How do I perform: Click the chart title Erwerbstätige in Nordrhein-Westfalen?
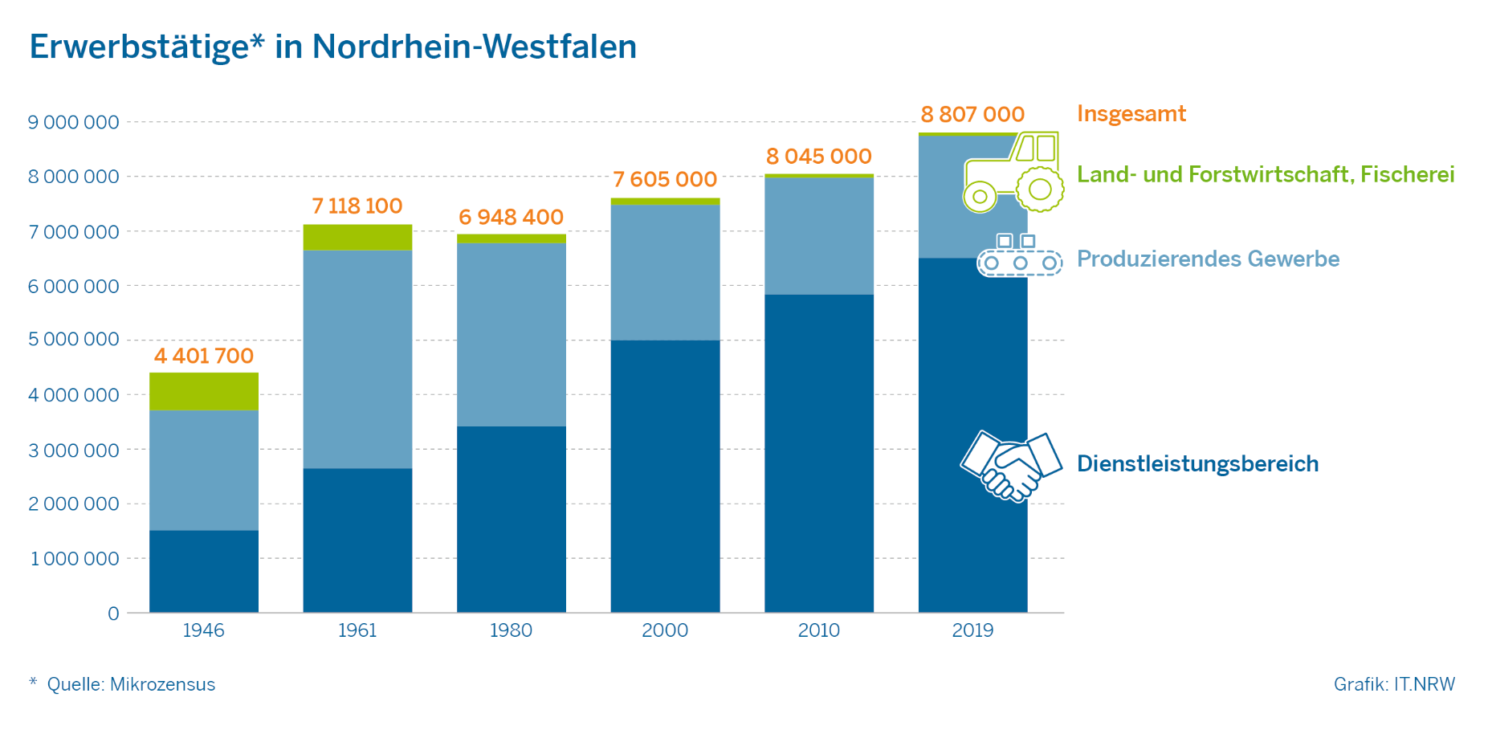coord(332,47)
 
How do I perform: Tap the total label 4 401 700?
coord(204,356)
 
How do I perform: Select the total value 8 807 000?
coord(972,114)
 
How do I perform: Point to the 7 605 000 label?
coord(665,179)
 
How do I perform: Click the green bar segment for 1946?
coord(204,391)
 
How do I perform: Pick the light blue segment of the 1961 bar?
coord(357,359)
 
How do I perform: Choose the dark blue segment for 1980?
coord(512,519)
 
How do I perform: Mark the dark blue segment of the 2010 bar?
coord(819,453)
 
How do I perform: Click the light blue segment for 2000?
coord(665,272)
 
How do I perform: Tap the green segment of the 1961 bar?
coord(357,237)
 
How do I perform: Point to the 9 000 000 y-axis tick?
coord(73,122)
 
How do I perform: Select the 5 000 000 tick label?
coord(73,339)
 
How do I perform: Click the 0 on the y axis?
coord(113,614)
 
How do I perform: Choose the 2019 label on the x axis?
coord(972,630)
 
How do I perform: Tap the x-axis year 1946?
coord(203,630)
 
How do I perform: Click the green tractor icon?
coord(1013,173)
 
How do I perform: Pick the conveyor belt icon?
coord(1019,256)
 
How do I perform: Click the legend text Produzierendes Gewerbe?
coord(1208,259)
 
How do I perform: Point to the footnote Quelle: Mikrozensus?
coord(131,684)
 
